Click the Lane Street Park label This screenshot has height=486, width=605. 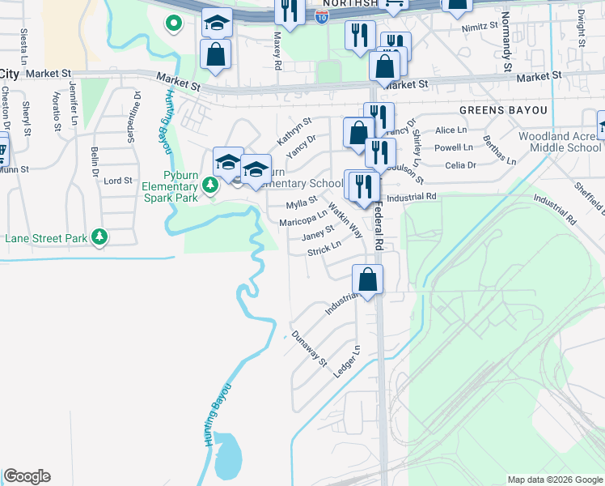tap(47, 239)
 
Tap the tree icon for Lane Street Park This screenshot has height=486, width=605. tap(99, 237)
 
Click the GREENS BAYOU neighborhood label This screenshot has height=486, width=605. tap(504, 109)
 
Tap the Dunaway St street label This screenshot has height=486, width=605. tap(308, 347)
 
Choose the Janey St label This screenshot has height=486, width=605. tap(318, 234)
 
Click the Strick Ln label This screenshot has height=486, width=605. tap(324, 252)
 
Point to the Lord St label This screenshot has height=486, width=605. tap(118, 181)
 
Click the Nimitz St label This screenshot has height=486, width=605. tap(481, 27)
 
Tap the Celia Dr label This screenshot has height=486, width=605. tap(459, 165)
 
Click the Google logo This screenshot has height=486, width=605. tap(27, 476)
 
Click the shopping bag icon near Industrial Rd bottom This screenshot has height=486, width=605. tap(368, 280)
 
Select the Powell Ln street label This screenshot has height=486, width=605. tap(454, 147)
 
